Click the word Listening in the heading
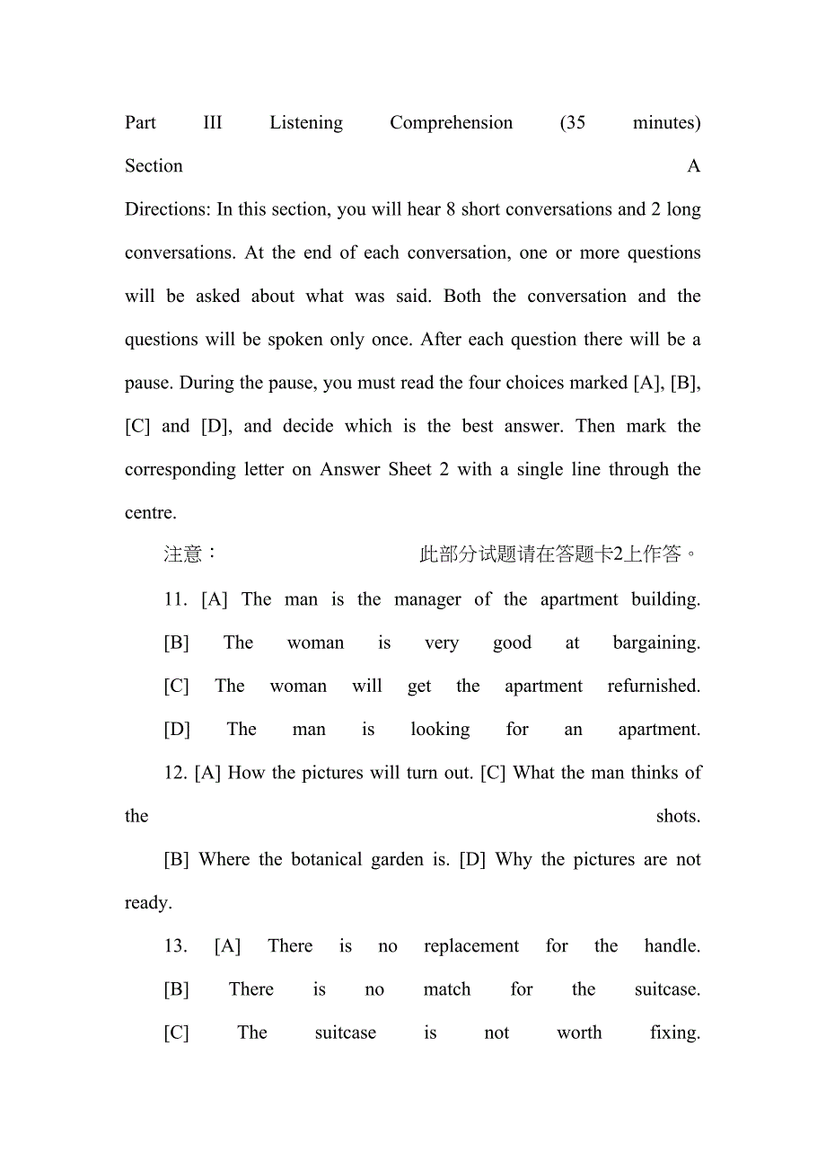click(306, 123)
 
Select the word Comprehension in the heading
click(451, 123)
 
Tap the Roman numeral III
click(213, 123)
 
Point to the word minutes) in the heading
click(666, 123)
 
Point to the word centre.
click(151, 513)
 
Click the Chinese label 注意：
click(190, 554)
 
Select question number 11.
click(176, 599)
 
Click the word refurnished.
click(654, 687)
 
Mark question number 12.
click(176, 773)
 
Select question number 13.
click(176, 946)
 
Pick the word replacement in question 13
click(471, 946)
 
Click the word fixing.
click(675, 1033)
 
